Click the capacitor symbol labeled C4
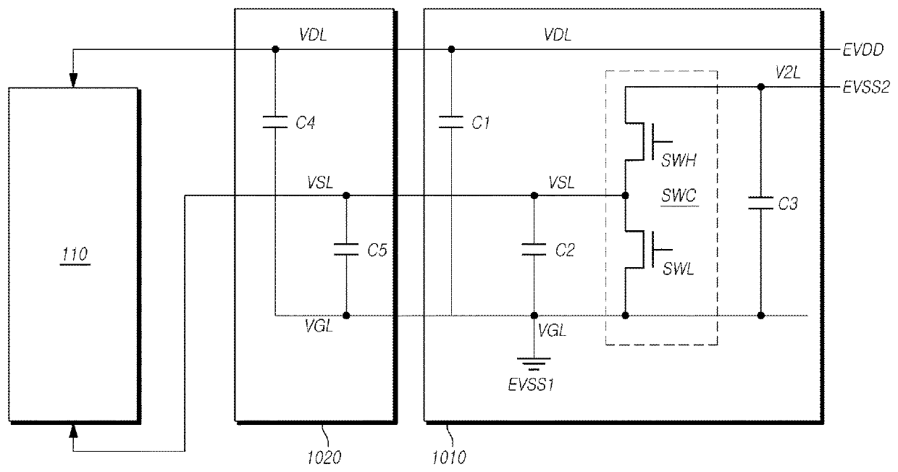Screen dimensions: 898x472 (275, 122)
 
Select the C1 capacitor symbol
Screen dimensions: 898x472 (451, 122)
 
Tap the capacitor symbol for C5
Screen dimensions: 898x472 (346, 249)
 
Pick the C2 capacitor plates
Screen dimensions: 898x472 (534, 249)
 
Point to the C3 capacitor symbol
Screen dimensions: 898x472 (761, 203)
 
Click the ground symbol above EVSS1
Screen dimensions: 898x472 (534, 363)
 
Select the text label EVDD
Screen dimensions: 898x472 (863, 50)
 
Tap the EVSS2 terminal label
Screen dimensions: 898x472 (866, 87)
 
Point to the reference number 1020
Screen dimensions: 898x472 (324, 458)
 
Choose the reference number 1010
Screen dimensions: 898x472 (449, 458)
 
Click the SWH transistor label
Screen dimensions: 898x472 (679, 160)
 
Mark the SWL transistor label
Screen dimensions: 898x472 (679, 269)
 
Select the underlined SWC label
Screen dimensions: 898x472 (679, 195)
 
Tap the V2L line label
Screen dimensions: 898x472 (788, 72)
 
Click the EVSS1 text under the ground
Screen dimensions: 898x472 (531, 385)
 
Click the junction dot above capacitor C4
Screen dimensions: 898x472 (275, 49)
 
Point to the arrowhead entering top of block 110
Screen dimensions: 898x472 (73, 80)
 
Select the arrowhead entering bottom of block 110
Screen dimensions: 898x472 (73, 431)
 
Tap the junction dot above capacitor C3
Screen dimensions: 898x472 (761, 87)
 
